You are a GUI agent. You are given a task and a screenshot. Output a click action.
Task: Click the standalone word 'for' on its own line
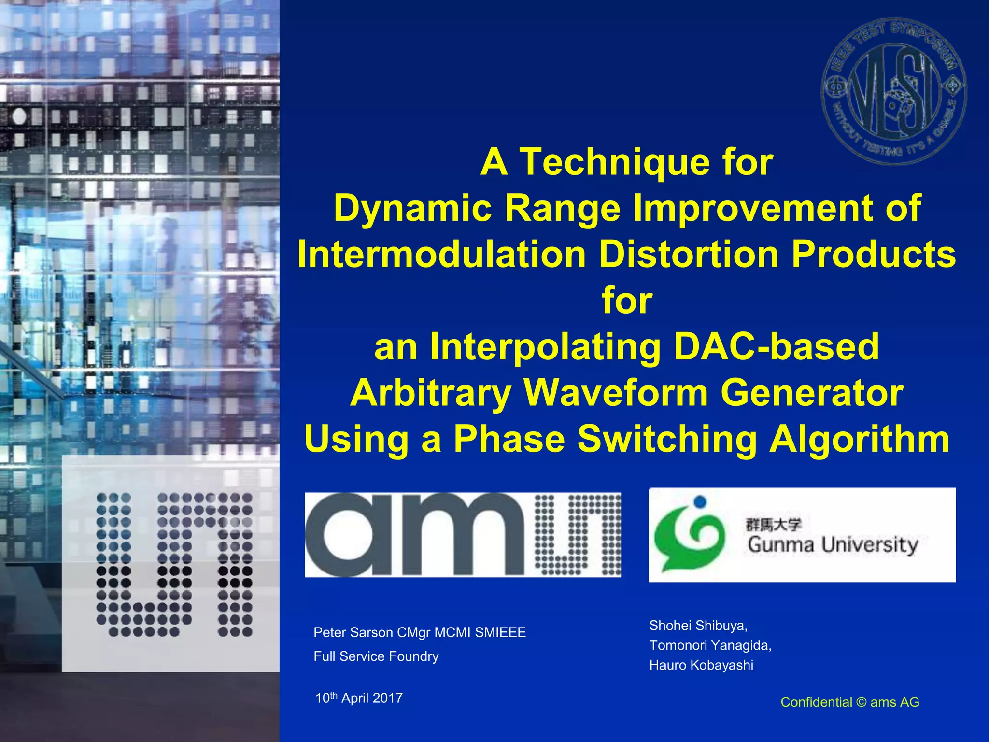pyautogui.click(x=627, y=300)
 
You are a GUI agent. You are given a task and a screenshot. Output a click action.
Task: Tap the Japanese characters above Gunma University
pyautogui.click(x=773, y=525)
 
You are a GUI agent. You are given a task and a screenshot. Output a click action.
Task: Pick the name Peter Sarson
pyautogui.click(x=353, y=632)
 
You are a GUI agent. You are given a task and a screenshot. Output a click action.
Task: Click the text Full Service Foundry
pyautogui.click(x=376, y=656)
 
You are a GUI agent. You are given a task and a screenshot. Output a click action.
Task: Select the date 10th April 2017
pyautogui.click(x=359, y=698)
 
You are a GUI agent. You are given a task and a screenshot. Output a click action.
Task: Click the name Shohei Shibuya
pyautogui.click(x=698, y=626)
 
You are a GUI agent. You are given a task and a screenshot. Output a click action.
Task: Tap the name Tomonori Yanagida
pyautogui.click(x=710, y=645)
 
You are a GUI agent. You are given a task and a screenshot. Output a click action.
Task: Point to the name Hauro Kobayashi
pyautogui.click(x=701, y=665)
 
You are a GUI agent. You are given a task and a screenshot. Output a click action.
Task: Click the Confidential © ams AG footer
pyautogui.click(x=850, y=702)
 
